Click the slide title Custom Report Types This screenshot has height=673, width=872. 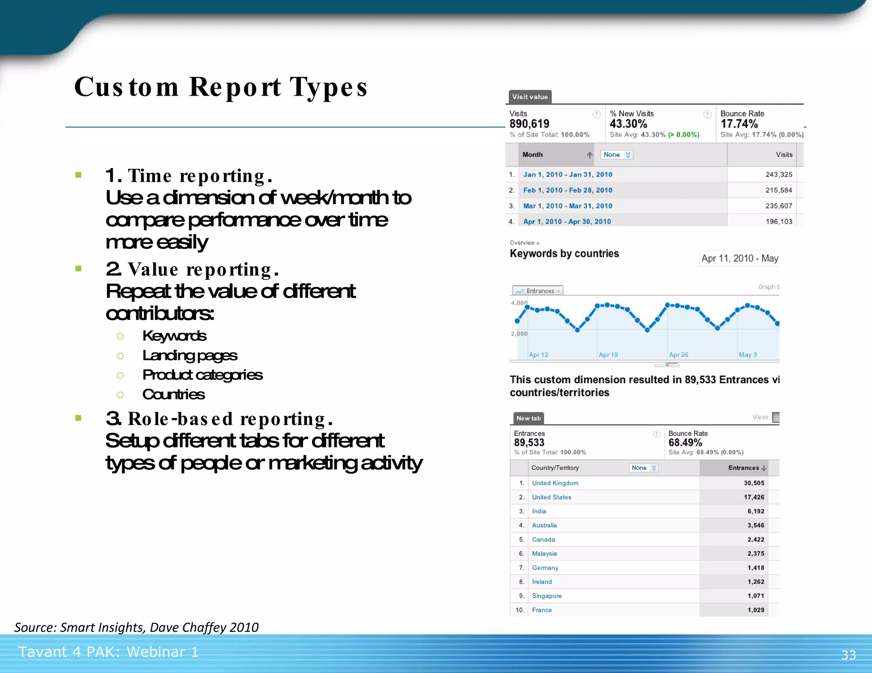221,87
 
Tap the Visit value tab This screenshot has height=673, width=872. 530,97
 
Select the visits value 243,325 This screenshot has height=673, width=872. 778,174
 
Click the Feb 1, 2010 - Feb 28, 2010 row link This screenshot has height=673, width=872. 568,190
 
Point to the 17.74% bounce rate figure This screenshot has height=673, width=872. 739,124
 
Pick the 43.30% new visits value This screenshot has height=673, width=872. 628,124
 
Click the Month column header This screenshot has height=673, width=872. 532,155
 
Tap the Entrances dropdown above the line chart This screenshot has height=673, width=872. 538,291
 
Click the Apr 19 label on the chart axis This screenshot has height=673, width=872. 608,355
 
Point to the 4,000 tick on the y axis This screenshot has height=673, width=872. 519,303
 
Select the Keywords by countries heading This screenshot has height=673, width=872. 564,254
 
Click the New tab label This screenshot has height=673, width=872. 528,418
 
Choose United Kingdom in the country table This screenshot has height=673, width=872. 555,483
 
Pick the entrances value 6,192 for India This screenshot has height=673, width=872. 755,511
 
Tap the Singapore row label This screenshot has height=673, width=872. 547,596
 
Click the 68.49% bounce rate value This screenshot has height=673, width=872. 685,442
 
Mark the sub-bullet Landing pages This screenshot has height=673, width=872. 189,356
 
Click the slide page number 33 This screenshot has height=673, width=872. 848,655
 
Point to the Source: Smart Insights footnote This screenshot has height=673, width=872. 136,627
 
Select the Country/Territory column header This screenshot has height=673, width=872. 555,468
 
